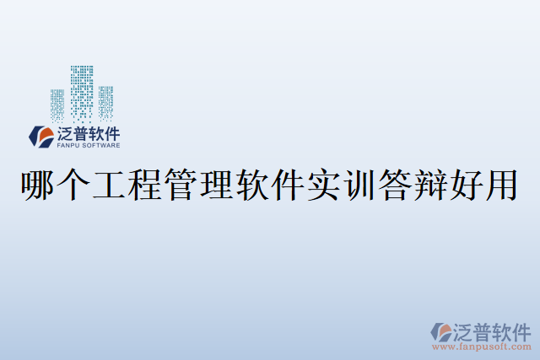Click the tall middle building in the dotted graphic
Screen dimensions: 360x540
(x=82, y=91)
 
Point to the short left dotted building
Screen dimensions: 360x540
(x=57, y=103)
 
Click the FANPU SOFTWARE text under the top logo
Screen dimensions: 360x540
(x=87, y=144)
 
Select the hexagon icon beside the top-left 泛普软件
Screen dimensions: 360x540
(x=40, y=136)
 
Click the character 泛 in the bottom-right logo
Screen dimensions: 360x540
(x=467, y=330)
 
